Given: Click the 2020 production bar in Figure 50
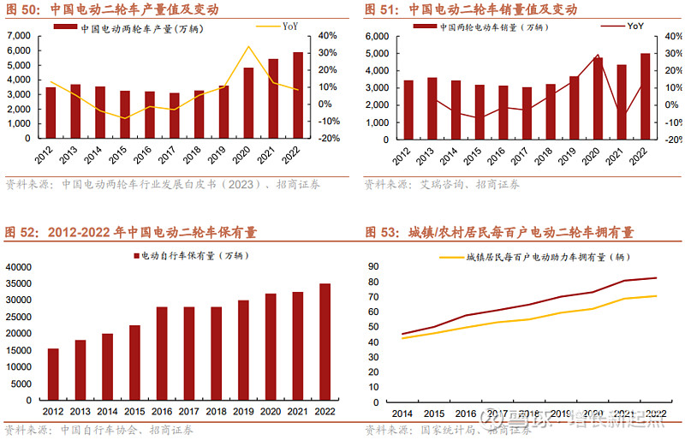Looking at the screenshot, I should click(248, 103).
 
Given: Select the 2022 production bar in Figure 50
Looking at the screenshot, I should click(298, 95).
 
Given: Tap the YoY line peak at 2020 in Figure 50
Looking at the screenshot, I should click(248, 46).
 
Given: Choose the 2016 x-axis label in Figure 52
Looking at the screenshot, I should click(161, 412).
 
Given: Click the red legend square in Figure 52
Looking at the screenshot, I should click(134, 255).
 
